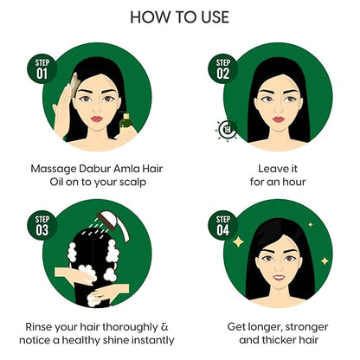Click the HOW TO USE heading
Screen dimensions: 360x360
click(179, 17)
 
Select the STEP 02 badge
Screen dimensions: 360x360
click(223, 68)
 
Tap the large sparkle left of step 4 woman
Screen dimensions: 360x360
click(238, 241)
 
